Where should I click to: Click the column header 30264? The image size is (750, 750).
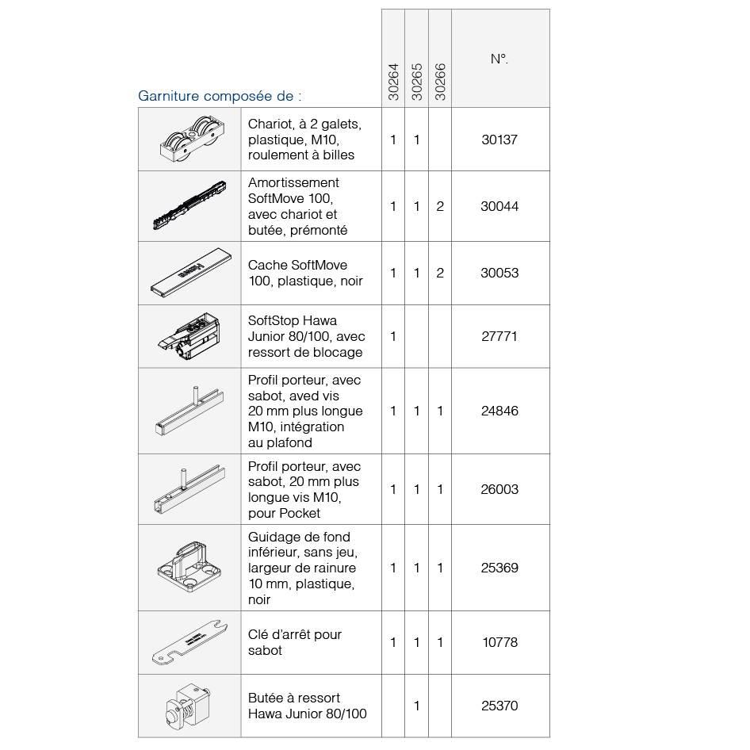(x=393, y=82)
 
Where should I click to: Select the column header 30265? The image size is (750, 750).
(x=417, y=82)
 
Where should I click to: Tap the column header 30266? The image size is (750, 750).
(x=441, y=82)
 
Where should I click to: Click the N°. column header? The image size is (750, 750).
(x=499, y=59)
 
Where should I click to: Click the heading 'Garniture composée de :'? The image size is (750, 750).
(x=220, y=97)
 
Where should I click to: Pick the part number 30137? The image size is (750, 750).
(x=499, y=140)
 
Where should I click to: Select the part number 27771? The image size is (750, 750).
(x=499, y=336)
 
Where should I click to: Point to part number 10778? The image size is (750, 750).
(x=499, y=642)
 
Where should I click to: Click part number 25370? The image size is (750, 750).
(x=499, y=706)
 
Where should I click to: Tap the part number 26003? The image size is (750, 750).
(x=499, y=489)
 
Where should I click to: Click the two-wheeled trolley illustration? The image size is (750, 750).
(x=189, y=140)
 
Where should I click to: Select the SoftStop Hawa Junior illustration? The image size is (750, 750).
(x=189, y=336)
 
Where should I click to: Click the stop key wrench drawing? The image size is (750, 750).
(x=189, y=642)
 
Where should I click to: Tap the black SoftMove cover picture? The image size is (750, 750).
(x=189, y=274)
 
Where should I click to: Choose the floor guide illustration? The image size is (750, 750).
(x=189, y=568)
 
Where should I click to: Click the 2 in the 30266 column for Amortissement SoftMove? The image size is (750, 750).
(x=440, y=206)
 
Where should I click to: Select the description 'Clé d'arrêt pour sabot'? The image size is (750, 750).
(x=294, y=642)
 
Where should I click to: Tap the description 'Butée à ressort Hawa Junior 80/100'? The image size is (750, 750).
(x=308, y=706)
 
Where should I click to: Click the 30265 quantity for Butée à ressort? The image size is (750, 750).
(x=417, y=706)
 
